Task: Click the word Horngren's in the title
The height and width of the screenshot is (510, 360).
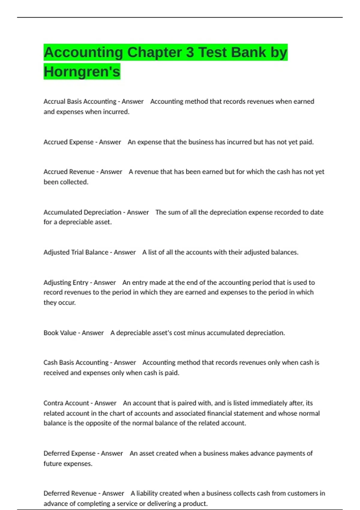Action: [x=82, y=71]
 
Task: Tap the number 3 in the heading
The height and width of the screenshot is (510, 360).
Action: [x=190, y=52]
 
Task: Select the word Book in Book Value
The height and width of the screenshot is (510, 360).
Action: [x=51, y=333]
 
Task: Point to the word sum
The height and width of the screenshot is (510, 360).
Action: [x=174, y=212]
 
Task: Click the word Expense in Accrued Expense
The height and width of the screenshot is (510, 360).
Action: [x=81, y=142]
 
